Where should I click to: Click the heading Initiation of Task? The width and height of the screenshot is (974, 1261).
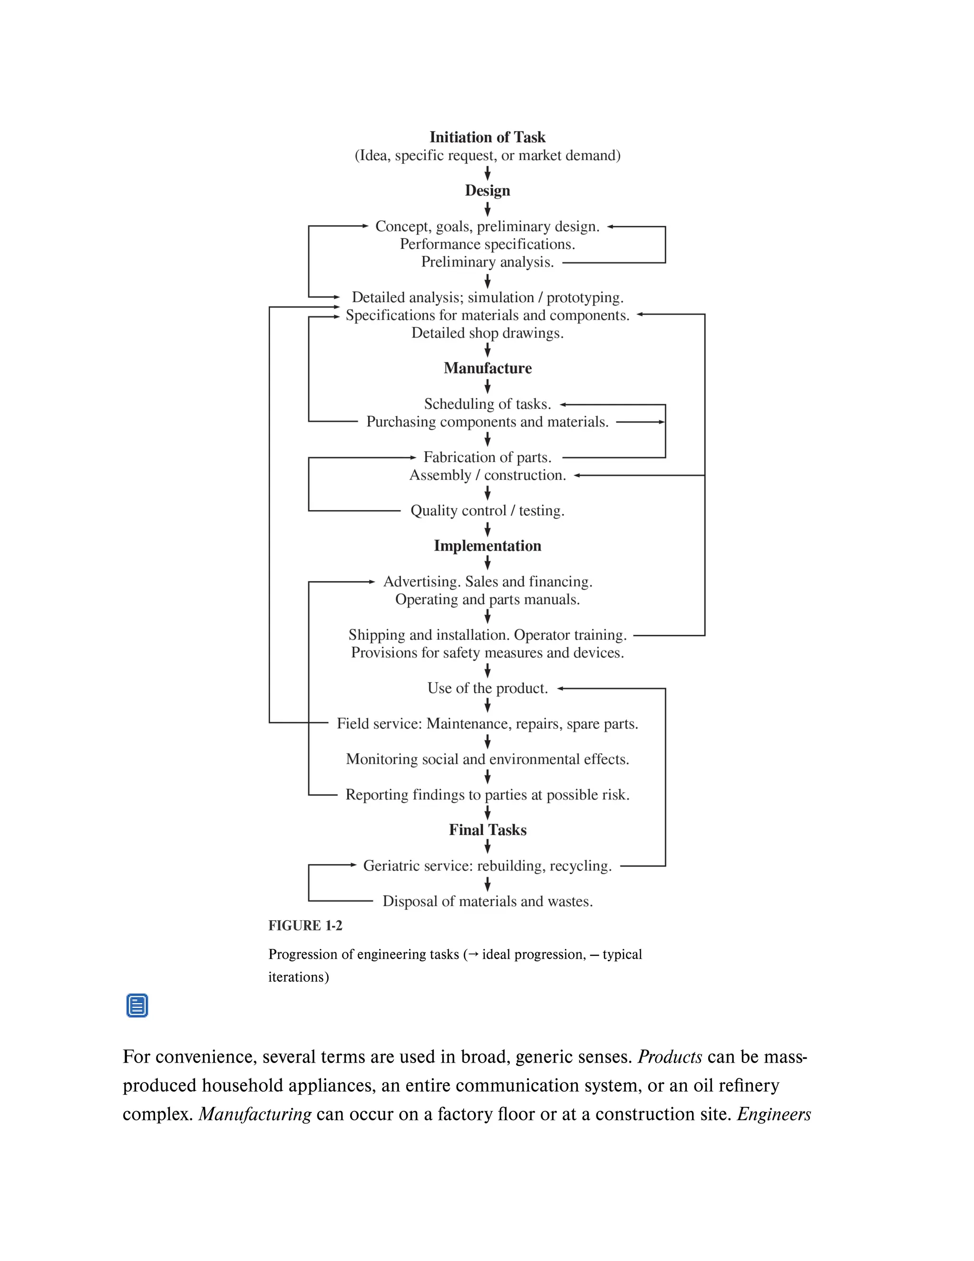[x=487, y=138]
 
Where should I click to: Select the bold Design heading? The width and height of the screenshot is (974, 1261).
[x=487, y=190]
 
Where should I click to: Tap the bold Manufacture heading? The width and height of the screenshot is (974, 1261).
[x=487, y=368]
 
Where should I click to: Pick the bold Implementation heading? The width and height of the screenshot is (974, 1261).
[x=487, y=546]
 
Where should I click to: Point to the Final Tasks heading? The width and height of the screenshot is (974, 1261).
[x=487, y=830]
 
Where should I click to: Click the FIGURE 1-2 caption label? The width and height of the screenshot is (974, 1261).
[x=305, y=926]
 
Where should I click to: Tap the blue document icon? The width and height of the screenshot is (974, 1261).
[x=137, y=1005]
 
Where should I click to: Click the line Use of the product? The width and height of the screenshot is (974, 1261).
[x=487, y=688]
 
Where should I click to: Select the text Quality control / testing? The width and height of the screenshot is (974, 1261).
[x=487, y=511]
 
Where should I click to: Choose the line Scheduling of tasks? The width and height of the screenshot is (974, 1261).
[x=487, y=404]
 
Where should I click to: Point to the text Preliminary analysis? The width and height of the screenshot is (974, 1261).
[x=487, y=262]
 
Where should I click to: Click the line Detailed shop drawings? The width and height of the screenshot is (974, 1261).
[x=487, y=333]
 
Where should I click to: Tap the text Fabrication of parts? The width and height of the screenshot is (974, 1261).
[x=487, y=457]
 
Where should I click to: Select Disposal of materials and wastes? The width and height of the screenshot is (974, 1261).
[x=487, y=901]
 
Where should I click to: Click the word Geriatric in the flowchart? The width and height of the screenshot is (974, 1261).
[x=389, y=866]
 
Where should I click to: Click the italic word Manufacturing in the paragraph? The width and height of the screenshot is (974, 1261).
[x=255, y=1114]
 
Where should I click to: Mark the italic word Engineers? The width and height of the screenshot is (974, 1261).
[x=774, y=1114]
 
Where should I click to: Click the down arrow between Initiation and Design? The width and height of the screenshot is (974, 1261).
[x=487, y=173]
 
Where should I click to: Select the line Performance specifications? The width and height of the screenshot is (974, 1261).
[x=487, y=244]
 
